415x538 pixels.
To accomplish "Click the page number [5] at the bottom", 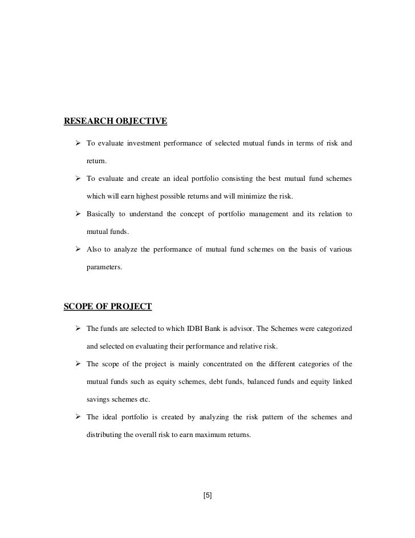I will [207, 495].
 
